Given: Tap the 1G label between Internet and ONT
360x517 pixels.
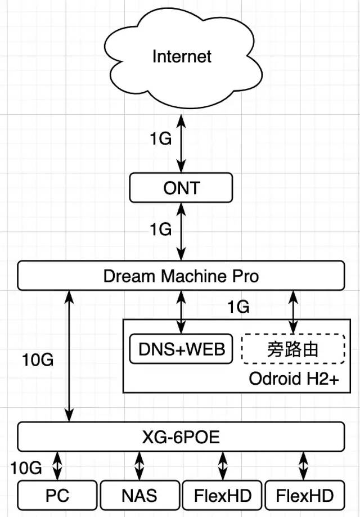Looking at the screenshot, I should click(x=160, y=139).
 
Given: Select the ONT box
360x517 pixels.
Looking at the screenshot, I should click(x=181, y=187).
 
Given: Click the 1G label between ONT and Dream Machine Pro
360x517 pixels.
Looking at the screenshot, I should click(x=160, y=229).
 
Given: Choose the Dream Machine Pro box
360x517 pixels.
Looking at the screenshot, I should click(x=181, y=276).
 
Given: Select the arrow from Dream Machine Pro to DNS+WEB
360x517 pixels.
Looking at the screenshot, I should click(x=181, y=311).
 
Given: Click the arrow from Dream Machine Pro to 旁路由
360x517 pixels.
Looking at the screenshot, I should click(x=292, y=311).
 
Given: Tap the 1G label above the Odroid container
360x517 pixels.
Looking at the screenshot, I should click(x=238, y=307).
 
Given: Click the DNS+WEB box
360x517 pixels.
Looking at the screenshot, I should click(x=181, y=349).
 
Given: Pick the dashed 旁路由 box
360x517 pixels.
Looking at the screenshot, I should click(x=292, y=349).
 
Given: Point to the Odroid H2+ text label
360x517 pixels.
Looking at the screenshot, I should click(x=294, y=379).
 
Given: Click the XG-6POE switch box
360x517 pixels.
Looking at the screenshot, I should click(x=181, y=437).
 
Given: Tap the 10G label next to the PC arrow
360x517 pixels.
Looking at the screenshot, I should click(x=25, y=466).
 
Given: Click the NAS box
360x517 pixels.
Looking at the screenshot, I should click(x=139, y=496).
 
